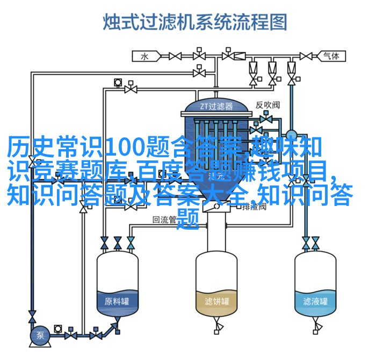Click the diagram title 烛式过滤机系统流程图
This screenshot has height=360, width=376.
pyautogui.click(x=195, y=22)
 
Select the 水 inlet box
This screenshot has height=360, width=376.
pyautogui.click(x=146, y=56)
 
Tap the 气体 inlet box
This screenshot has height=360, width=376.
pyautogui.click(x=331, y=56)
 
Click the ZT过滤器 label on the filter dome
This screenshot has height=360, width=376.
pyautogui.click(x=216, y=106)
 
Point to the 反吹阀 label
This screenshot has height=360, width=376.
pyautogui.click(x=267, y=105)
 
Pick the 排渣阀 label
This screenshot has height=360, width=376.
pyautogui.click(x=254, y=206)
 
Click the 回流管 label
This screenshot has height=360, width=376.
pyautogui.click(x=164, y=219)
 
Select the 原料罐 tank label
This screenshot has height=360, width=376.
pyautogui.click(x=117, y=302)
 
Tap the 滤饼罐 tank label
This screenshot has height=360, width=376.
pyautogui.click(x=217, y=302)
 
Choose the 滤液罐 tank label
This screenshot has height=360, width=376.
pyautogui.click(x=315, y=302)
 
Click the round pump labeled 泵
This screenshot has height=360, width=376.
pyautogui.click(x=40, y=335)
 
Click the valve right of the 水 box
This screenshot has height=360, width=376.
pyautogui.click(x=175, y=56)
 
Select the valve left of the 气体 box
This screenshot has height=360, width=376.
pyautogui.click(x=306, y=56)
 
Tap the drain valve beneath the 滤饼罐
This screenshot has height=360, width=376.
pyautogui.click(x=218, y=326)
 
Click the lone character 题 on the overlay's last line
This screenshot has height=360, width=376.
pyautogui.click(x=188, y=219)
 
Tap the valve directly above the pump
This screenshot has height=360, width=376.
pyautogui.click(x=32, y=317)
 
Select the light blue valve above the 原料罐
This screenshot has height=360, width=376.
pyautogui.click(x=131, y=243)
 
